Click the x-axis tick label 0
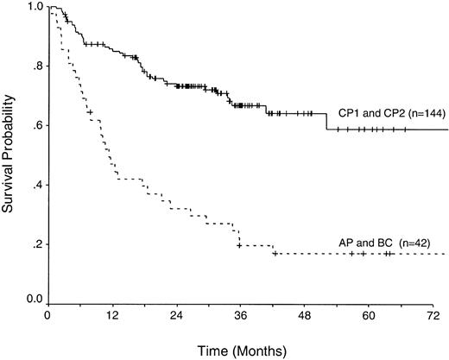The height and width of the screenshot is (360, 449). click(x=48, y=316)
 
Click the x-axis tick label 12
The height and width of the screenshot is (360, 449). click(x=112, y=316)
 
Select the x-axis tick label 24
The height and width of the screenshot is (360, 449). click(x=176, y=316)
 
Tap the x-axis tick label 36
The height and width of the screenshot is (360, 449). click(x=240, y=316)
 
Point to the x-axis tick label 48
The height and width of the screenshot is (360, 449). click(x=303, y=316)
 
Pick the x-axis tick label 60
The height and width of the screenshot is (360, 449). click(x=367, y=316)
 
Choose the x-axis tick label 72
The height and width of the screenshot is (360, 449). click(x=430, y=316)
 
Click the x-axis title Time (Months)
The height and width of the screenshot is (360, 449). click(x=238, y=350)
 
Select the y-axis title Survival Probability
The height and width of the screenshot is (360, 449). click(x=10, y=153)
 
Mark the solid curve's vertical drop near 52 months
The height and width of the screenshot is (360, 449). click(x=326, y=122)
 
